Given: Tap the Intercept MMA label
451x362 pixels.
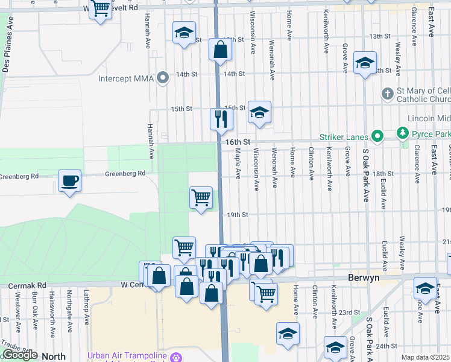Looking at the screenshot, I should [x=127, y=78].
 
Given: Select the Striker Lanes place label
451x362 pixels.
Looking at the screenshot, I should [x=348, y=136].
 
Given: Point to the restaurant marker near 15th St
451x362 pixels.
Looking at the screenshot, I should [x=221, y=118].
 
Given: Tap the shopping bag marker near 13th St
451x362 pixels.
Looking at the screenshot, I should [x=221, y=49].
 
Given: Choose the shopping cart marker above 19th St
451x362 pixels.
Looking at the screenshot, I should [x=200, y=197].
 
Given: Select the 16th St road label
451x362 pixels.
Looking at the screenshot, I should [x=238, y=141].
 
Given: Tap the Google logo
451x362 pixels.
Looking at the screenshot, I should [x=20, y=355].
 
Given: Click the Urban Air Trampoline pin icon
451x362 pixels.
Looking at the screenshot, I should [x=176, y=356].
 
